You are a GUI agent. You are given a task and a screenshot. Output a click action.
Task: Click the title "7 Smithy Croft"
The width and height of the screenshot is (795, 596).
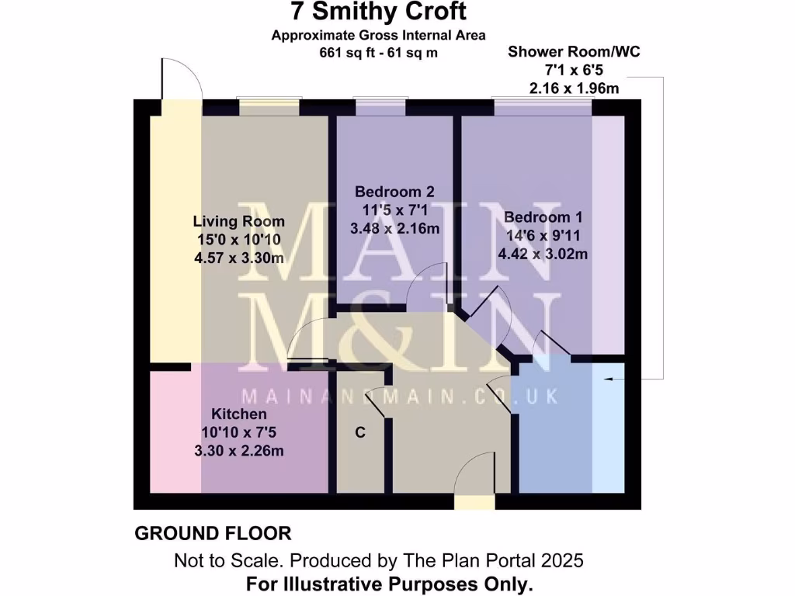(x=378, y=12)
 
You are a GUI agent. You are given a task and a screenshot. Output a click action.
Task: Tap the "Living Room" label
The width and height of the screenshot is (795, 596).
(x=238, y=221)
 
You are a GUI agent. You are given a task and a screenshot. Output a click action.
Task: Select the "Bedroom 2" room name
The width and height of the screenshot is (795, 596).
(x=394, y=192)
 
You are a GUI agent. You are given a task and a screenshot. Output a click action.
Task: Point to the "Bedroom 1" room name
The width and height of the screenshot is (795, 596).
(x=543, y=217)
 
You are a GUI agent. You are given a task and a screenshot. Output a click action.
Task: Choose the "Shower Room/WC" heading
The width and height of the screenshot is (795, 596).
(x=574, y=52)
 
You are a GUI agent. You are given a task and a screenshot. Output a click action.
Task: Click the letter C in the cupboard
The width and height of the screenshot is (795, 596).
(x=359, y=432)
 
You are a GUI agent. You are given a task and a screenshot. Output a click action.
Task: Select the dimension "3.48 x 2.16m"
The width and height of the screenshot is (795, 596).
(x=394, y=229)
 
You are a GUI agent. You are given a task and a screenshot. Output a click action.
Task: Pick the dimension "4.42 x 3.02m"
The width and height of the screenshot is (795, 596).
(x=543, y=254)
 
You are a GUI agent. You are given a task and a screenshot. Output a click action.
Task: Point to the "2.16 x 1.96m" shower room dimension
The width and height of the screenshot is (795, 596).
(x=574, y=88)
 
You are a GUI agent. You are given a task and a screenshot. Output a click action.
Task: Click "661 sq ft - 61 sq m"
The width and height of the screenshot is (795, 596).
(x=378, y=53)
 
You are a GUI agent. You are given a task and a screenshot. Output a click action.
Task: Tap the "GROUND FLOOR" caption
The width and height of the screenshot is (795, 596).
(x=213, y=534)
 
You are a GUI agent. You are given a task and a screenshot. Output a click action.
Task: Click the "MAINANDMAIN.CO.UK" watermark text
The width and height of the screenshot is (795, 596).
(x=399, y=397)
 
